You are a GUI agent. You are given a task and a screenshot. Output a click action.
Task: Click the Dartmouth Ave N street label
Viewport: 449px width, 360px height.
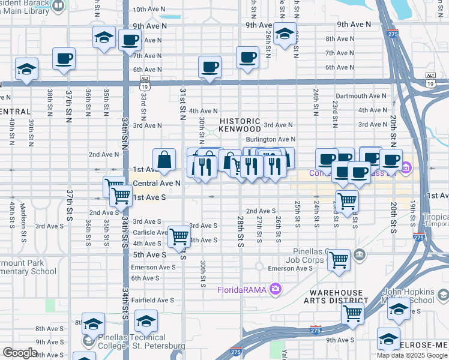point(361,95)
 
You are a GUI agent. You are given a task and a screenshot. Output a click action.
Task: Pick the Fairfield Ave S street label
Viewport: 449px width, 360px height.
point(152,300)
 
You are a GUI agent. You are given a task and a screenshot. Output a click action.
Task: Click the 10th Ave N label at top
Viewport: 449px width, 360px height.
point(148,10)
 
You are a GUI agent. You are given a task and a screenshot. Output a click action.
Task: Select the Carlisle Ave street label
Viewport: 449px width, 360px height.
point(150,232)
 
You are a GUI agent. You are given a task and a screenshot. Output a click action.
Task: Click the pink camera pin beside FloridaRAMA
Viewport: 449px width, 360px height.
point(276,290)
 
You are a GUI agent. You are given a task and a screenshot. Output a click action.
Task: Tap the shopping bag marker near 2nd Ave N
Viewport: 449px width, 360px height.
point(164,160)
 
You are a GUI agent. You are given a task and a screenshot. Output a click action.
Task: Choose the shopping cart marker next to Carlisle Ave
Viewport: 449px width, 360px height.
point(179,236)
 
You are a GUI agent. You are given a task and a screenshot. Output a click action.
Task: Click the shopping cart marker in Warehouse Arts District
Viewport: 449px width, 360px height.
point(352,312)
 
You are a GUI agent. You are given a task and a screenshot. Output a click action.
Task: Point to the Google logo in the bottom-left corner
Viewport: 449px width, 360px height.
point(20,353)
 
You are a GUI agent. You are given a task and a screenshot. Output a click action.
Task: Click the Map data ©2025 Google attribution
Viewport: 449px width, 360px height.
point(411,355)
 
